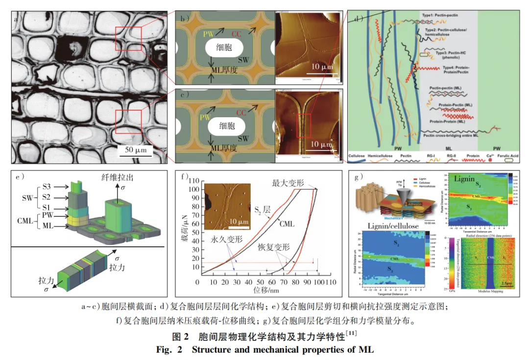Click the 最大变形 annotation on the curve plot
[289, 182]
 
